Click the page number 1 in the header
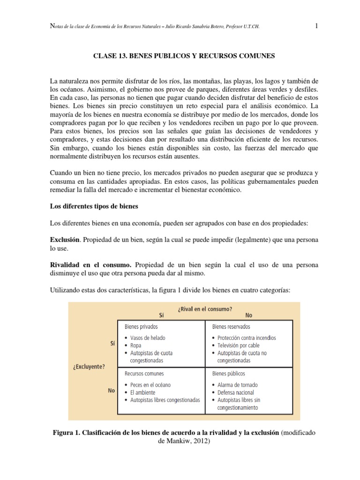click(317, 26)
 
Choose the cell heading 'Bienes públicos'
click(229, 374)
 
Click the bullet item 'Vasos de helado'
click(148, 337)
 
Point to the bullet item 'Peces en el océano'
click(150, 385)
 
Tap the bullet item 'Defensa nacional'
click(236, 392)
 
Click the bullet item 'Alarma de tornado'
click(238, 385)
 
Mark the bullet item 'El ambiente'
click(143, 392)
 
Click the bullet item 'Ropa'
click(136, 345)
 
